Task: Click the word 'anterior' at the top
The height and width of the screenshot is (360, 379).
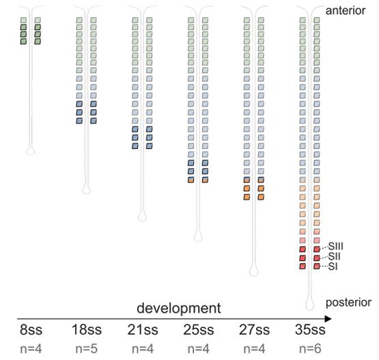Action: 348,10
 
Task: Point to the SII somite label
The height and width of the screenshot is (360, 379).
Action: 335,255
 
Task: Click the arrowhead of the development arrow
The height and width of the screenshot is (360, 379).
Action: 328,318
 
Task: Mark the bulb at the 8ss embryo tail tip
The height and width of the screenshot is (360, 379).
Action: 29,150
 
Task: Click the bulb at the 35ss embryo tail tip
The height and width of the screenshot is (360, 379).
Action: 309,301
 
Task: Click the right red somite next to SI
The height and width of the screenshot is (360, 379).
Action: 316,266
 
